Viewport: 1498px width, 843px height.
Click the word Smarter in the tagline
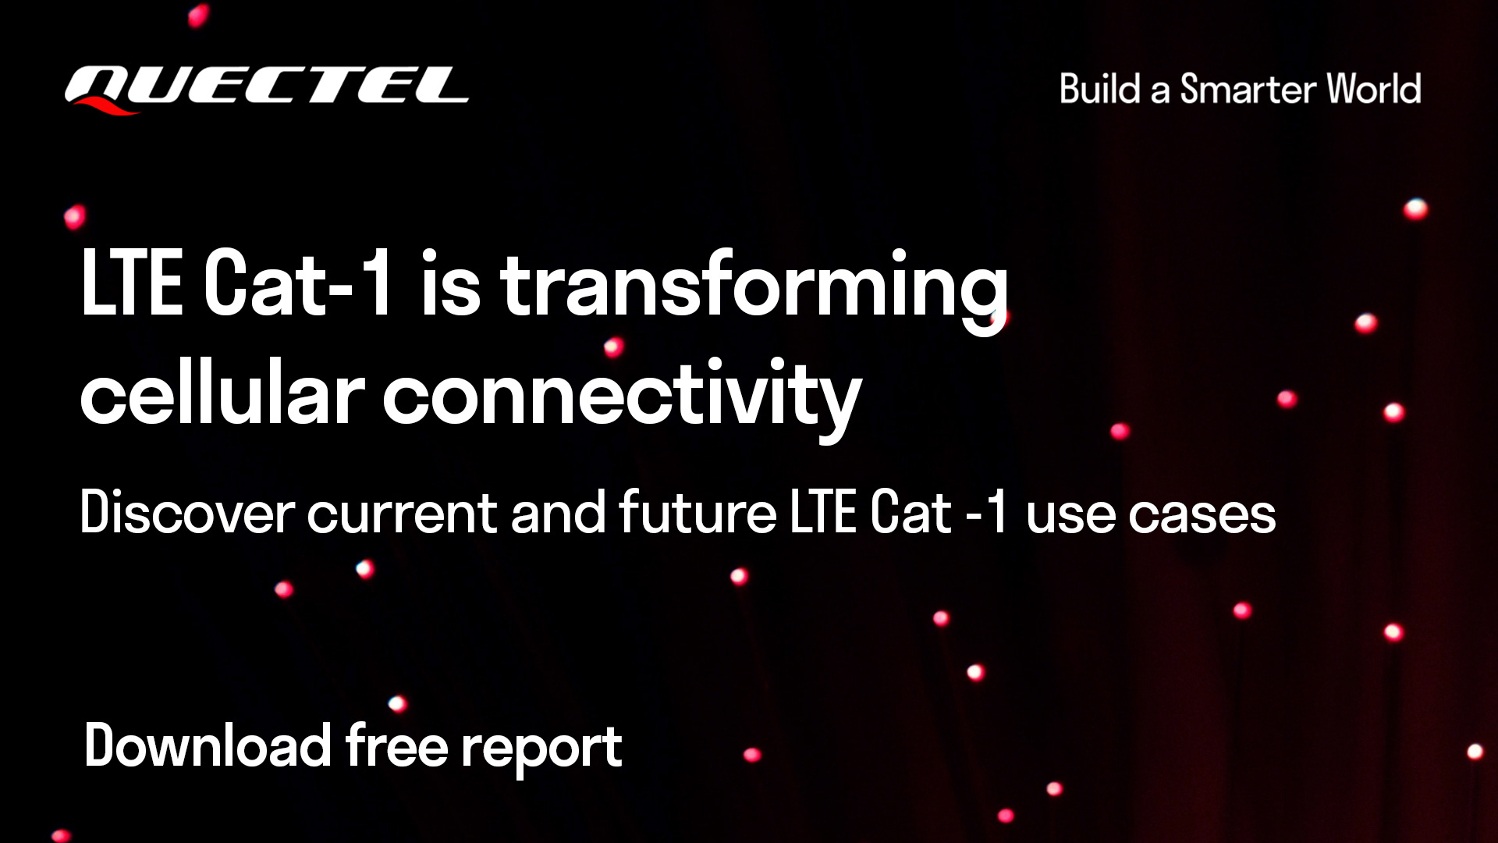click(1248, 89)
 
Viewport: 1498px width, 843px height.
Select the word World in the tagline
click(1374, 89)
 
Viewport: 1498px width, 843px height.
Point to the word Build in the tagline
click(1100, 89)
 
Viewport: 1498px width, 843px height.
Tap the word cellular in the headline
click(222, 393)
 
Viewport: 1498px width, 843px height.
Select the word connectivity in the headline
click(622, 398)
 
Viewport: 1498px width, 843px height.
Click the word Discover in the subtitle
click(187, 513)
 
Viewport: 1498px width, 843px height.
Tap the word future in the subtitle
click(698, 513)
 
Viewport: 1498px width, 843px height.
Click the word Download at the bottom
click(208, 745)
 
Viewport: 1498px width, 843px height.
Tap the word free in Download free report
click(396, 745)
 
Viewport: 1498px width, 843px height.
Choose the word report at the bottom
click(541, 750)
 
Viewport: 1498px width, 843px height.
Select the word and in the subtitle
click(558, 513)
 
